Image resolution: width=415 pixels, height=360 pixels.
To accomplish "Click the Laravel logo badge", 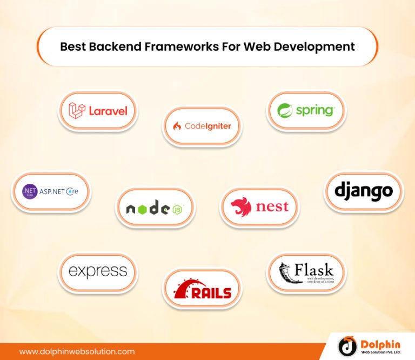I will (x=98, y=111).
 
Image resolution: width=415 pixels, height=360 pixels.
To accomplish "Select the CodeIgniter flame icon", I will (x=177, y=126).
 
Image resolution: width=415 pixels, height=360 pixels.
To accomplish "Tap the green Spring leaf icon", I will (x=285, y=111).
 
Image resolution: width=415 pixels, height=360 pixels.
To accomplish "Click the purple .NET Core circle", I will (x=29, y=192).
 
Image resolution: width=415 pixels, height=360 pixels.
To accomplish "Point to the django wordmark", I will (x=363, y=191).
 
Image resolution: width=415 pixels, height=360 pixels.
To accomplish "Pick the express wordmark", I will (x=98, y=271).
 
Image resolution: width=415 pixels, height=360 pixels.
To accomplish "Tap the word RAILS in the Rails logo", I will (x=211, y=293).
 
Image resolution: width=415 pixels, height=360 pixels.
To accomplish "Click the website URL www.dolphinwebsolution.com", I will (x=77, y=351).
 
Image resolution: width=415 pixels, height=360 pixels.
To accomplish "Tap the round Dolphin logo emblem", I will (x=347, y=346).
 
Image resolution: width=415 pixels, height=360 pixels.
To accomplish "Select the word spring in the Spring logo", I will (x=315, y=111).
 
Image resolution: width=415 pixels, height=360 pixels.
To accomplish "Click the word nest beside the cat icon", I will (x=272, y=207).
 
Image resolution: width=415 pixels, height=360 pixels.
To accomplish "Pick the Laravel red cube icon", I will (x=77, y=111).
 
